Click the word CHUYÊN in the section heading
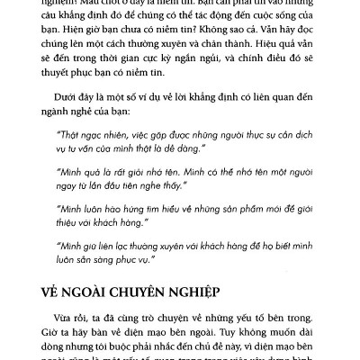[182, 295]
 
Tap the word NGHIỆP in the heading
[247, 295]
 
